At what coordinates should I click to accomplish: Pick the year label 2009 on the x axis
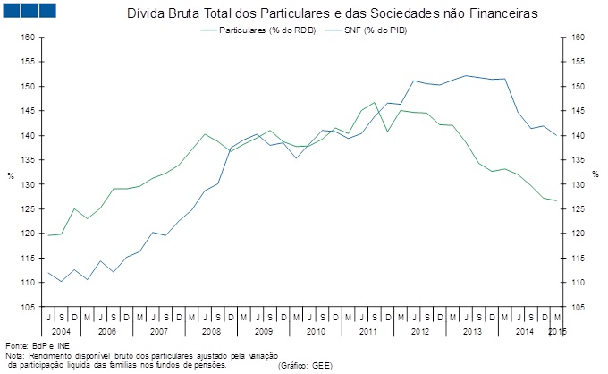pyautogui.click(x=263, y=331)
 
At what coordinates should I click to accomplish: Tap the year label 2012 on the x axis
pyautogui.click(x=419, y=331)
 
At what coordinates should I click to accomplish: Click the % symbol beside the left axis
pyautogui.click(x=11, y=174)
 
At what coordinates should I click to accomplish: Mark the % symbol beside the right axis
pyautogui.click(x=594, y=174)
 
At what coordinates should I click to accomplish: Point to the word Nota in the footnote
pyautogui.click(x=14, y=355)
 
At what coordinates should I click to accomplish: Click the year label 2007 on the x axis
pyautogui.click(x=159, y=331)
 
